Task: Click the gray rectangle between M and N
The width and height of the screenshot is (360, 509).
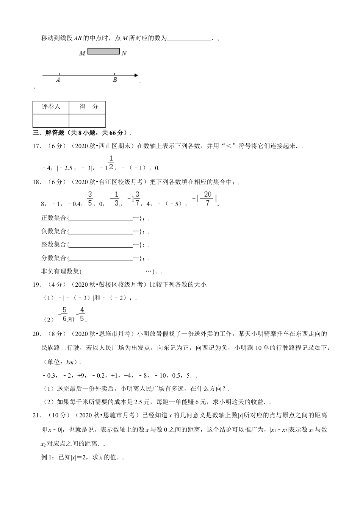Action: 103,51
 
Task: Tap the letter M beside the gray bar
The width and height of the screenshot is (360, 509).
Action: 82,53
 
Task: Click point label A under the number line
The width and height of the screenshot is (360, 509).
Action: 58,80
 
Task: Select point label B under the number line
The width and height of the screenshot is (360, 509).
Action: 115,80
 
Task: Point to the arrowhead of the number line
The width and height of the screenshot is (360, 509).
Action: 136,75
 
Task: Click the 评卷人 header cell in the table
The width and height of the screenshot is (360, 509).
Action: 51,107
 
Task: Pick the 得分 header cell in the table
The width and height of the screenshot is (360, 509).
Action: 87,107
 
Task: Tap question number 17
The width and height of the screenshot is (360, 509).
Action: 36,146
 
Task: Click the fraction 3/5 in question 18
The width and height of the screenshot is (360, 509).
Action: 90,198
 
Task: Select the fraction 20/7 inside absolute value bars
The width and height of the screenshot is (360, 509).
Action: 207,198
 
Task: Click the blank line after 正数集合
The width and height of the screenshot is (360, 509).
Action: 101,219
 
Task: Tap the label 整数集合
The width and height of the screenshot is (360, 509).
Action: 53,244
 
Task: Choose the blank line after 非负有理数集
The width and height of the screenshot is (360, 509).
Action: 114,271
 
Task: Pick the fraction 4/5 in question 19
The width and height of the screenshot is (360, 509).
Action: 81,314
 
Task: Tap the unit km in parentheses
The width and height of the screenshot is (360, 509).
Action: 70,362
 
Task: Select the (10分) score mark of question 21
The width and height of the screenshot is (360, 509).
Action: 59,415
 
